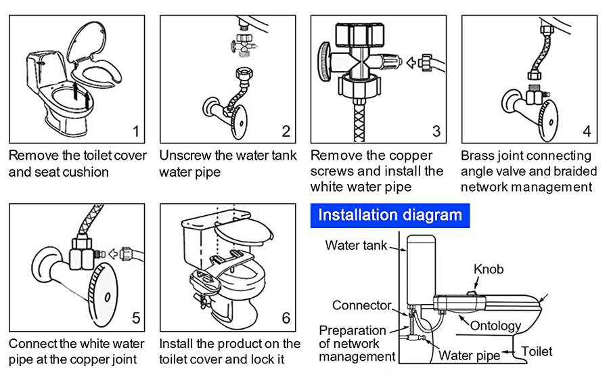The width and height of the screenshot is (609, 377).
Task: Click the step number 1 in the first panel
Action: [135, 131]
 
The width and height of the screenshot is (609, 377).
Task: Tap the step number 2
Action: [286, 131]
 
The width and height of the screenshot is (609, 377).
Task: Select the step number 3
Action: [436, 131]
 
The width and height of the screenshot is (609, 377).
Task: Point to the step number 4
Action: [587, 131]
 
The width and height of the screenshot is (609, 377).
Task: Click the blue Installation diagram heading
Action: [390, 216]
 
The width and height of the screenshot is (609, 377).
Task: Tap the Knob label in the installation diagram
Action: [488, 269]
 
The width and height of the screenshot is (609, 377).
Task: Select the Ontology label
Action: [495, 326]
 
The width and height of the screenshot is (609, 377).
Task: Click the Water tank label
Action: [356, 245]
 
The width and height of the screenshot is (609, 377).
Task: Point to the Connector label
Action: [361, 305]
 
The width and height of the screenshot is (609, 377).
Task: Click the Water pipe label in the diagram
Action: [469, 355]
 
